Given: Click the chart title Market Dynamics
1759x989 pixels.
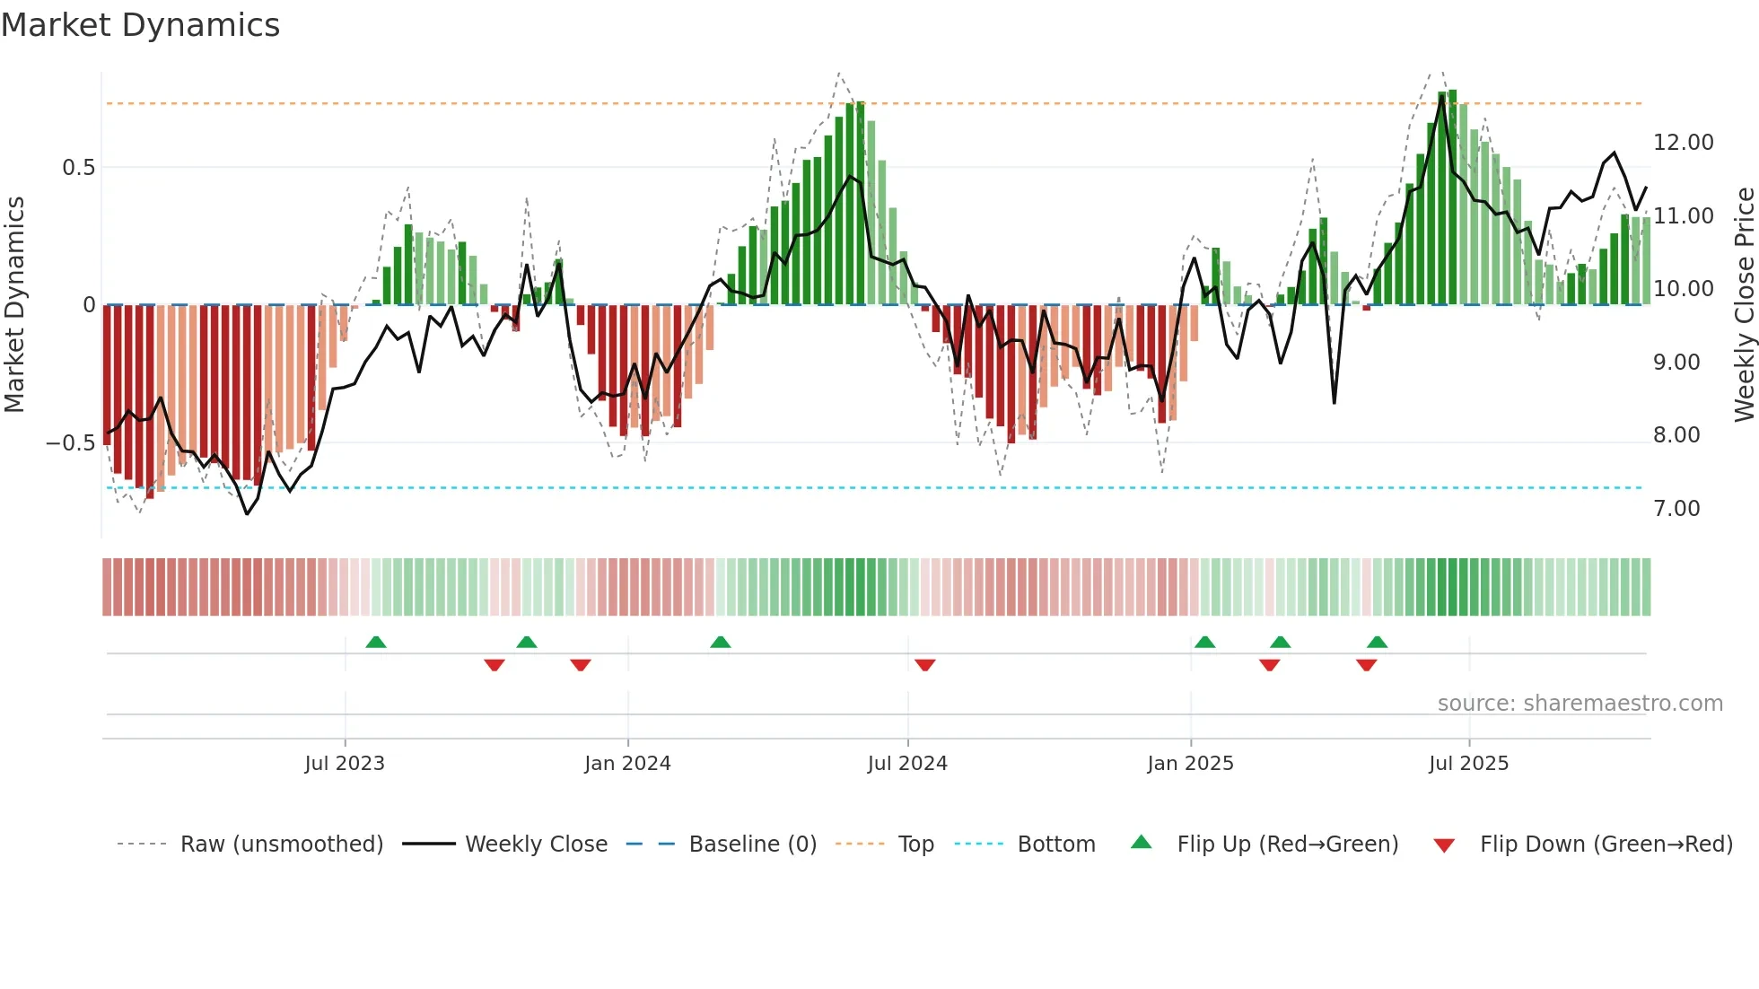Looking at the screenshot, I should (x=140, y=25).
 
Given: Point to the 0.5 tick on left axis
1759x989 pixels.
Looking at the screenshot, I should (x=78, y=168).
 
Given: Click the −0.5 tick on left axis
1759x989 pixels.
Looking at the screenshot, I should (x=70, y=443).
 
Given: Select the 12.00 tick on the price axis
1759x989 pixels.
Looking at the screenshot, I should (x=1683, y=143).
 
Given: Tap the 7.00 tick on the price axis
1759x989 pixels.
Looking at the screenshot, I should (x=1676, y=509).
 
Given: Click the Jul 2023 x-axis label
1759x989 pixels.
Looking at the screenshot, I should (x=345, y=764).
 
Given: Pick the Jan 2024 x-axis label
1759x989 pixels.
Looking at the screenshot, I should (x=627, y=764).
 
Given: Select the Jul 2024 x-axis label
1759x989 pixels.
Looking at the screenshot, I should (x=907, y=764).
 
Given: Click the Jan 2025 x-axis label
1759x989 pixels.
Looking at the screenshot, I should (x=1190, y=764).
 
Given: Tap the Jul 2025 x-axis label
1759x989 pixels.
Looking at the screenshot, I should (x=1468, y=764).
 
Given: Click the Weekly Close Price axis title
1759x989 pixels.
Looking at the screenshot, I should (x=1744, y=304).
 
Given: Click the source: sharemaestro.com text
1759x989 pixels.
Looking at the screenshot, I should (x=1580, y=704).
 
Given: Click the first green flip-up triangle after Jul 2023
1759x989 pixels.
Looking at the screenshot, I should (x=376, y=643).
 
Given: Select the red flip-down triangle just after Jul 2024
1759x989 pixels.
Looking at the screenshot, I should (x=925, y=665).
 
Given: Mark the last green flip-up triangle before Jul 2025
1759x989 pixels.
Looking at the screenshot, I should (x=1377, y=643).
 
